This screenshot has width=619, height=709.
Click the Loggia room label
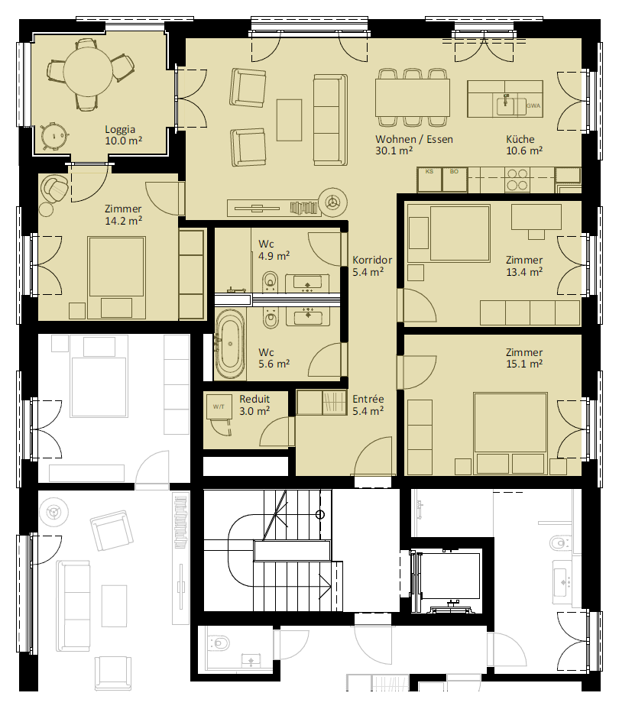pos(120,130)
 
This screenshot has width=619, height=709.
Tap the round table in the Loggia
pos(88,72)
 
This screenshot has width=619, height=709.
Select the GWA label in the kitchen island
pos(533,105)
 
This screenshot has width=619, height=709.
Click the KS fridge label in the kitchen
pos(429,171)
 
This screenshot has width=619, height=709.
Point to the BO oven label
pos(454,171)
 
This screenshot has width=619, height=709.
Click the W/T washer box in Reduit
pos(219,406)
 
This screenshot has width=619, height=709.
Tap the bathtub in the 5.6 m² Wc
pos(231,344)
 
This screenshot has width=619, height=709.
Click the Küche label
pos(520,139)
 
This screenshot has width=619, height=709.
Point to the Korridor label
pos(372,260)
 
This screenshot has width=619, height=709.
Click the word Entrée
pos(368,400)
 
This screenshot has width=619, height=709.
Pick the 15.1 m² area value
pos(524,364)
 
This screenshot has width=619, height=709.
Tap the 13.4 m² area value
pos(524,272)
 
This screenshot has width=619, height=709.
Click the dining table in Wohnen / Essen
pos(413,97)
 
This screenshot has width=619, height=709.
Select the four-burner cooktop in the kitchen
pos(517,180)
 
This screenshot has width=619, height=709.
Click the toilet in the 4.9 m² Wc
pos(270,281)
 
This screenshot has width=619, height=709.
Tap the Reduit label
pos(254,400)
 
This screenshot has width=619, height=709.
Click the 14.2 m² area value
pos(124,221)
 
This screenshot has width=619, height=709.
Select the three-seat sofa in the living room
pos(331,120)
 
